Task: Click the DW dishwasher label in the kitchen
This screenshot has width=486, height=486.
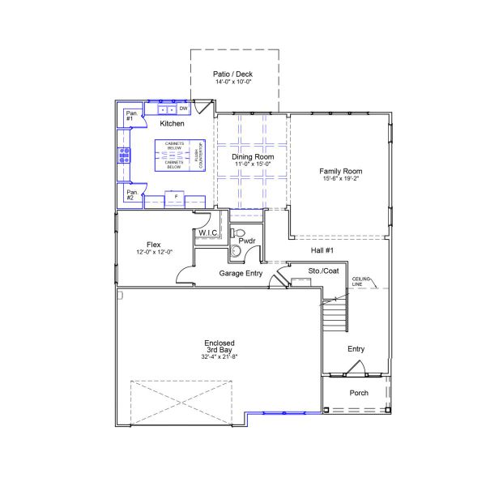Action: (x=184, y=109)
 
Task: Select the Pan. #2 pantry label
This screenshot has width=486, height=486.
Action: (x=130, y=195)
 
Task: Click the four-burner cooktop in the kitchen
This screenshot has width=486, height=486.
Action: (x=125, y=155)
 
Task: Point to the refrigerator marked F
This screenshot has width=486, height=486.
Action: (x=176, y=196)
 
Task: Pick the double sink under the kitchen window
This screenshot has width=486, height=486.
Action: (x=167, y=109)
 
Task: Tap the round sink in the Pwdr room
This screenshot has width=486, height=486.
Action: (x=235, y=251)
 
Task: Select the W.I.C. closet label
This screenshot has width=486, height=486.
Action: (x=208, y=233)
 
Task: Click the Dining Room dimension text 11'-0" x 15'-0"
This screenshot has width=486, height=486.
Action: (x=253, y=164)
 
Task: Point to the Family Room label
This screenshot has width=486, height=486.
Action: (x=340, y=171)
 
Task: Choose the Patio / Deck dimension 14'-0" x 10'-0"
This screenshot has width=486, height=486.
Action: (x=234, y=82)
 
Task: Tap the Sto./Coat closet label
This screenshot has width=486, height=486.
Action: (x=324, y=271)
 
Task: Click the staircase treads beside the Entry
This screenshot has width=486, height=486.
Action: (x=333, y=312)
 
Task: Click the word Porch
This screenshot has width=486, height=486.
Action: (x=359, y=393)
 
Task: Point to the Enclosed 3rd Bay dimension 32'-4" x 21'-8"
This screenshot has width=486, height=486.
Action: (x=219, y=357)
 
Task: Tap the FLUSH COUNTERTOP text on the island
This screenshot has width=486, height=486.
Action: (x=198, y=155)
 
